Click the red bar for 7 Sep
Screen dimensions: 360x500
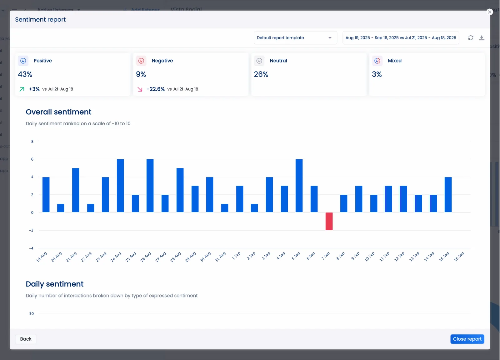[329, 221]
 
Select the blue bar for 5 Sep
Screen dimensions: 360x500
[299, 186]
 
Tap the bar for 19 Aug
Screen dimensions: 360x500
[46, 195]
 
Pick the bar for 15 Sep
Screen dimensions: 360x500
[448, 195]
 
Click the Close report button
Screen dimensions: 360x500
[467, 339]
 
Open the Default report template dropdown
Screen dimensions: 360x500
[295, 38]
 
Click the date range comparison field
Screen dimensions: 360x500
[400, 38]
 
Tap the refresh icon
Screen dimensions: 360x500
[470, 38]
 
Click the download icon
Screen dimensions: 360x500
[482, 38]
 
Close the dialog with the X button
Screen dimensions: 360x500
[489, 12]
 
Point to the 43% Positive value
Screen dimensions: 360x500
[25, 74]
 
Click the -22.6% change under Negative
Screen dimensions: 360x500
[156, 89]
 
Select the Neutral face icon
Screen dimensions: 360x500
[259, 61]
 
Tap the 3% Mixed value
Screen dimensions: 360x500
[377, 74]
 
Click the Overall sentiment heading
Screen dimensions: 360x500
[58, 112]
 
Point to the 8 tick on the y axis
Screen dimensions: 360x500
[32, 142]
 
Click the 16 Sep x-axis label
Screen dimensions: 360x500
[459, 257]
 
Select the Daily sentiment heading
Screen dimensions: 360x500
[54, 284]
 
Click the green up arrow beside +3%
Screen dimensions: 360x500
[22, 89]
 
